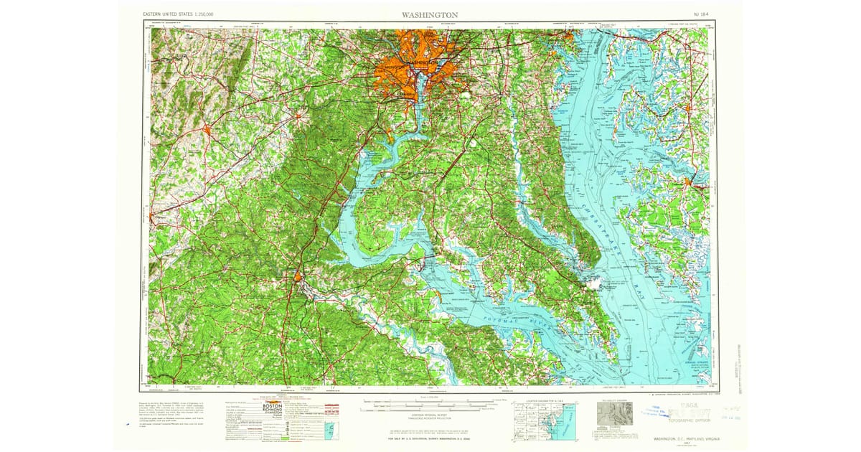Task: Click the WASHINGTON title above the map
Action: (431, 14)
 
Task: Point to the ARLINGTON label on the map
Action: (393, 66)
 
